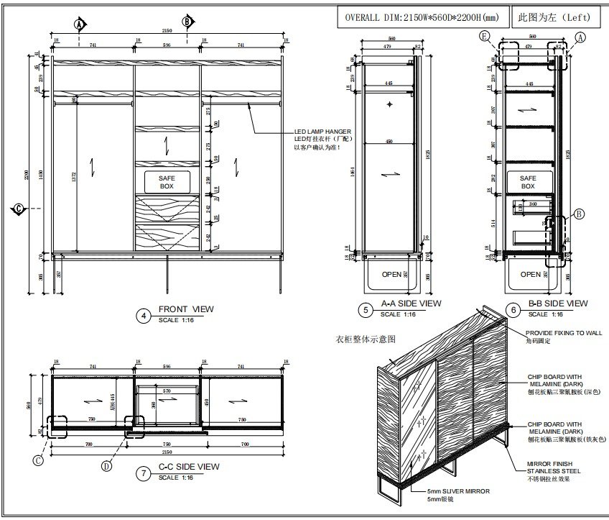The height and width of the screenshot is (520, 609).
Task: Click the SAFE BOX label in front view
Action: point(167,181)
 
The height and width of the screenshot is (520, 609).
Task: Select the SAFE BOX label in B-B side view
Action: point(528,182)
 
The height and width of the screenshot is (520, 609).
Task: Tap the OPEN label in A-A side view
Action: point(391,274)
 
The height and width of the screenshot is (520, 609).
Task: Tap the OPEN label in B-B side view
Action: point(530,274)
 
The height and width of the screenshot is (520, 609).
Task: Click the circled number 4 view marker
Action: point(144,314)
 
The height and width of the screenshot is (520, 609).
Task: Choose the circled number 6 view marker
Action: point(512,310)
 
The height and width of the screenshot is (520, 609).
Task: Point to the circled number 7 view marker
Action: point(144,473)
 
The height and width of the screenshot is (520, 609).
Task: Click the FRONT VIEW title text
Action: point(186,309)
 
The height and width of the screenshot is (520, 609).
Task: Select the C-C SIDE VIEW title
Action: point(188,467)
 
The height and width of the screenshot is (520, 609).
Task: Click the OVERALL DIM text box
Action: point(422,17)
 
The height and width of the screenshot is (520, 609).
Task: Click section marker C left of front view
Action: point(19,209)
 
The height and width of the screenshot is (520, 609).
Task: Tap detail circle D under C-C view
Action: point(107,465)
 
